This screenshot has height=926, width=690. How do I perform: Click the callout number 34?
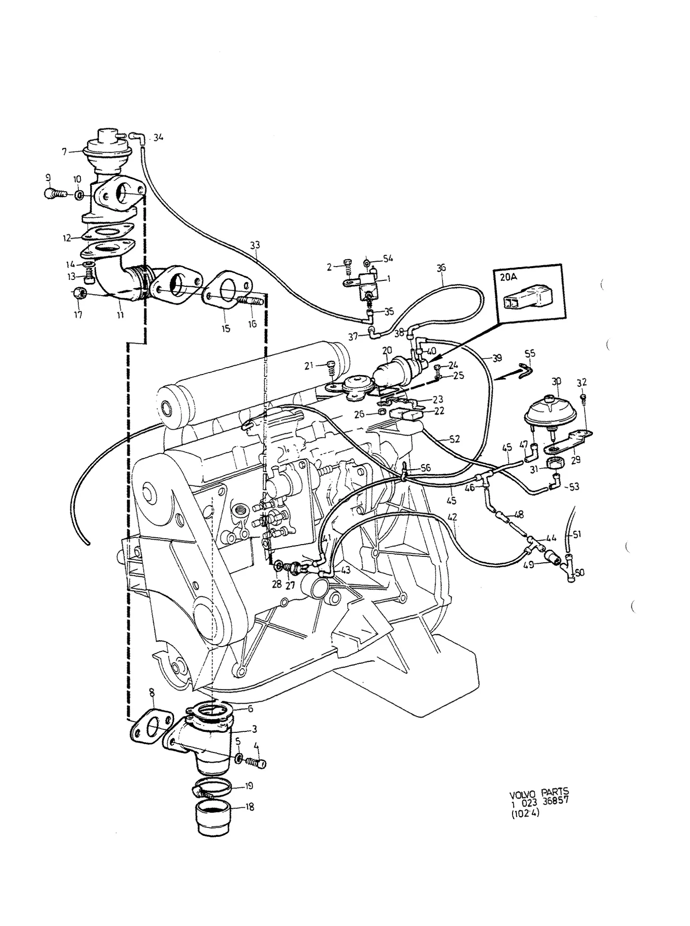click(x=158, y=137)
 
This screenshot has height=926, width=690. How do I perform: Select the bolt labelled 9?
click(x=55, y=194)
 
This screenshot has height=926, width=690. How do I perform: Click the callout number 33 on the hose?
click(x=255, y=245)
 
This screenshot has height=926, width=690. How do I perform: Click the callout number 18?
click(x=250, y=808)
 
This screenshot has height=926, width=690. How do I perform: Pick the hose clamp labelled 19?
click(x=213, y=789)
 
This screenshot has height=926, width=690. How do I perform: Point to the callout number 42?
click(x=452, y=517)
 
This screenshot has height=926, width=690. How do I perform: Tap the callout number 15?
click(x=226, y=329)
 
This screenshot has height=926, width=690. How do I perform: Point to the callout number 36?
click(x=441, y=268)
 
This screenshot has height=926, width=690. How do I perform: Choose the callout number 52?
click(x=454, y=439)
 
